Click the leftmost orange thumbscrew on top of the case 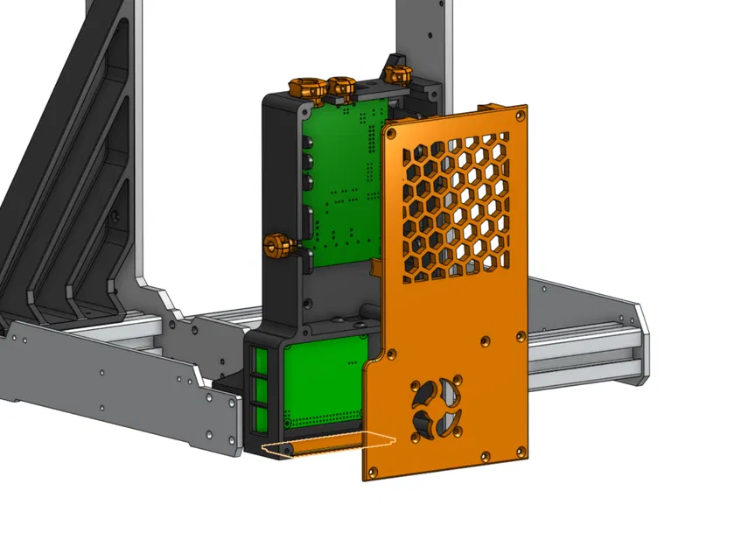tap(304, 87)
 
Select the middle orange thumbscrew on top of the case tap(339, 87)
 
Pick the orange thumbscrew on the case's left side tap(277, 246)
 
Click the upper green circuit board tap(343, 184)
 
